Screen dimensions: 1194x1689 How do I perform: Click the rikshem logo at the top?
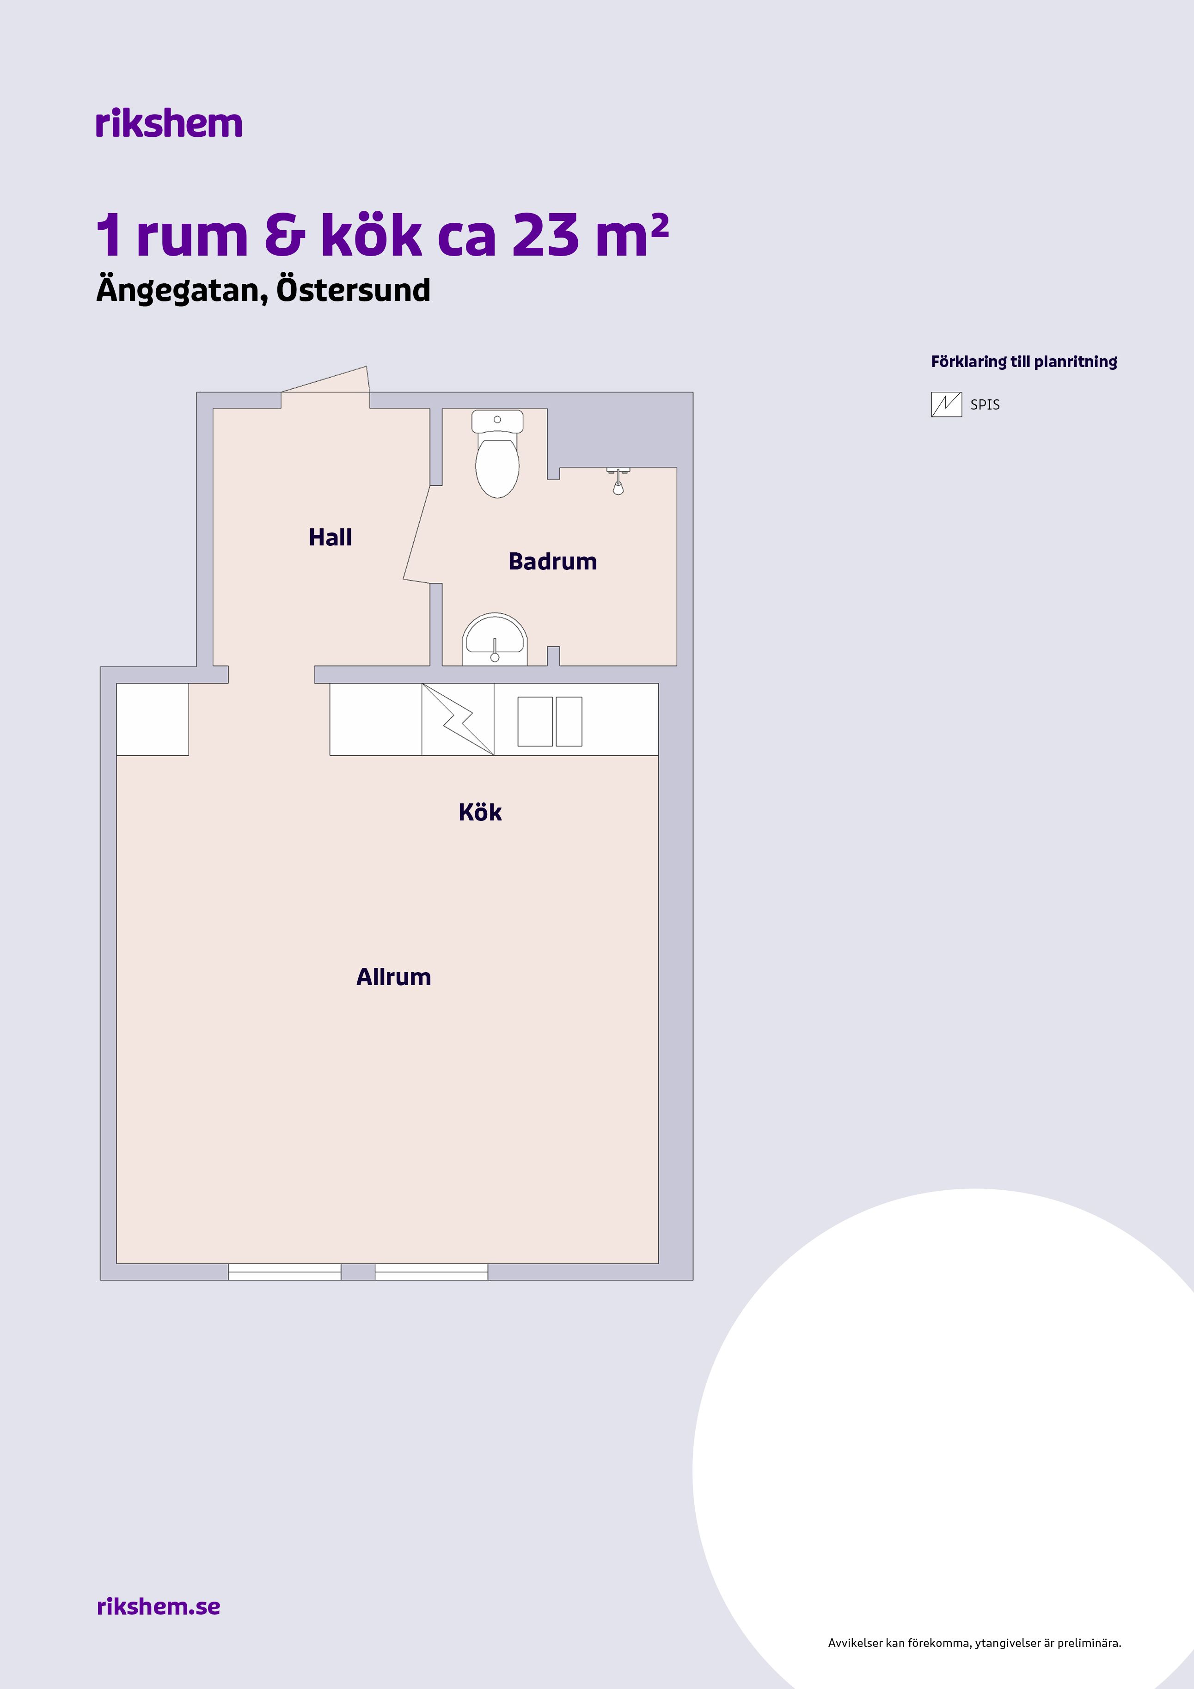[168, 123]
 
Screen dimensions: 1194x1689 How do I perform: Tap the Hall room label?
[331, 537]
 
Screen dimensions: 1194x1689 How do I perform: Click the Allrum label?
[393, 976]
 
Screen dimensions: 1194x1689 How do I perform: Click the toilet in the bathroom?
[497, 454]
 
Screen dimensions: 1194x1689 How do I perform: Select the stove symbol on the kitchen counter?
[458, 719]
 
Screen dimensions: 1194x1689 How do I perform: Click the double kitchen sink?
[550, 722]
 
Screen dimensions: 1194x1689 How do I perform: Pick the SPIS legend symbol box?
[946, 404]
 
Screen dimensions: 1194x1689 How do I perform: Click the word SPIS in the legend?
[985, 404]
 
